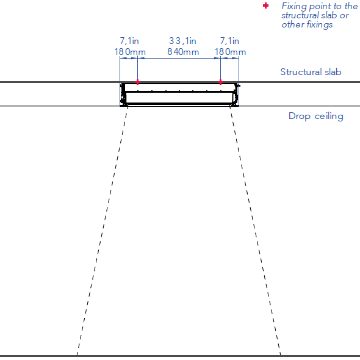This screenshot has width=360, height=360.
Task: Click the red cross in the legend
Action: [265, 5]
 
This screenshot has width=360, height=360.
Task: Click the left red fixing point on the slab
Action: [137, 82]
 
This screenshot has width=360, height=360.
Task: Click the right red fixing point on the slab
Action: [220, 82]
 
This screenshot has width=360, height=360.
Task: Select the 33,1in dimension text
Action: [183, 41]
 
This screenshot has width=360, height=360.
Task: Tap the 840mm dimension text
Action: [183, 52]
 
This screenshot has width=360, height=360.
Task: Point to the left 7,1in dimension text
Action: [129, 41]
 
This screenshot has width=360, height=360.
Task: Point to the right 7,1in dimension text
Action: [229, 41]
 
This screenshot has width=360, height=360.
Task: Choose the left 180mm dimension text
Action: [130, 52]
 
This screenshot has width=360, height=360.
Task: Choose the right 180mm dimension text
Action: [230, 52]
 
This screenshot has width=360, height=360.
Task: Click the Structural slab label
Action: [311, 72]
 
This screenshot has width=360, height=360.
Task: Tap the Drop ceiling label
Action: [316, 116]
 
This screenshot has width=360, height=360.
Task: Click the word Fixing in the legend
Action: [294, 7]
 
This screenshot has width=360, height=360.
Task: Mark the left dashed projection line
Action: [103, 231]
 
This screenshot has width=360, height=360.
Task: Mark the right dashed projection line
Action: [255, 231]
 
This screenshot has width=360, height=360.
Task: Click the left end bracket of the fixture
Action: [123, 95]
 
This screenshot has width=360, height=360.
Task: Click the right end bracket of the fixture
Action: [236, 95]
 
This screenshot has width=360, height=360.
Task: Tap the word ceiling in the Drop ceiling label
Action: [329, 116]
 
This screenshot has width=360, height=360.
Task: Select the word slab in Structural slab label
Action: [333, 72]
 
